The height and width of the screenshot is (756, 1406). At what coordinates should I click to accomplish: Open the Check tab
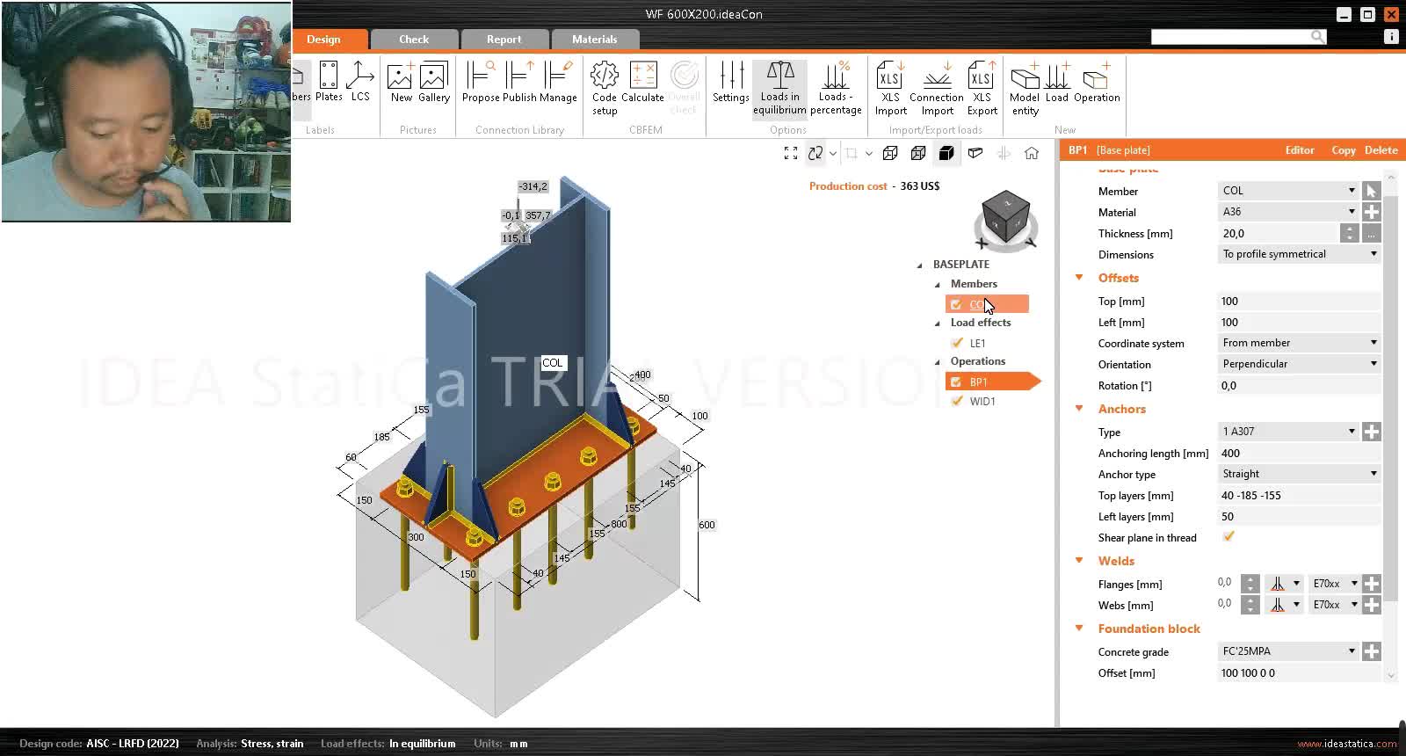414,40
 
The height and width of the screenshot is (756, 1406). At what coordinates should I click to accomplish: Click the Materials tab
594,40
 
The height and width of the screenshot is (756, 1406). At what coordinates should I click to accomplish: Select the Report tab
504,40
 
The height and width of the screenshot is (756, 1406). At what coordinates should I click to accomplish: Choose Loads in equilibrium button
779,88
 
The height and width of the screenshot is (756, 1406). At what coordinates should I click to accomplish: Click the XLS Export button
982,88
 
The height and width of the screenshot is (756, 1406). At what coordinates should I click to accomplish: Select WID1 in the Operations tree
982,402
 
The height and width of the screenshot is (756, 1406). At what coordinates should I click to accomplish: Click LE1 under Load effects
977,344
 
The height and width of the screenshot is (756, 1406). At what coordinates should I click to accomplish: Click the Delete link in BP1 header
1381,150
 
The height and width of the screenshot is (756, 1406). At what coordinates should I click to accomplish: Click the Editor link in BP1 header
1300,150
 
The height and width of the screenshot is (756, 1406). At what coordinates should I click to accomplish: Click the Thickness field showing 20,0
1279,234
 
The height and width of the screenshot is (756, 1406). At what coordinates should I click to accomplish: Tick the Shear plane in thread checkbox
1228,537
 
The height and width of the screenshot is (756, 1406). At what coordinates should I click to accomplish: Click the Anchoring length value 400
1297,454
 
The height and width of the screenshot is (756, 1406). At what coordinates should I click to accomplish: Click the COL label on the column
552,363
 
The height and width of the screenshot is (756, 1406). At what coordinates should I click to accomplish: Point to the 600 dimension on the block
707,525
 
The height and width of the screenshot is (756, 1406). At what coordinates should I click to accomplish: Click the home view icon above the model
1032,154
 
